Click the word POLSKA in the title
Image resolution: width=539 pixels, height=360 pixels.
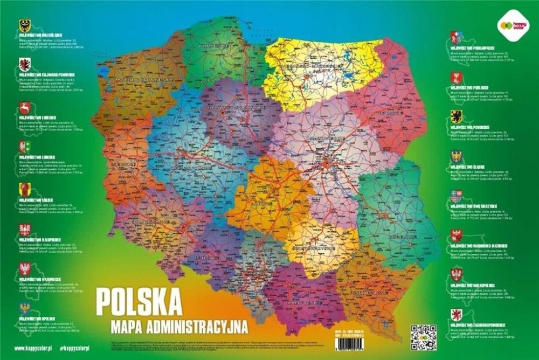(139, 303)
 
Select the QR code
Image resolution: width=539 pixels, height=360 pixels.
(423, 337)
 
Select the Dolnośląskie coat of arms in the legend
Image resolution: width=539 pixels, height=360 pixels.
(24, 25)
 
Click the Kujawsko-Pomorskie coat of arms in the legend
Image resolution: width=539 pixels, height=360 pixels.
(24, 65)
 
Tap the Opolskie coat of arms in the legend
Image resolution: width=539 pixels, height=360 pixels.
(24, 308)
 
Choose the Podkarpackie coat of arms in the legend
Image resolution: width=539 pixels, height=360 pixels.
(456, 37)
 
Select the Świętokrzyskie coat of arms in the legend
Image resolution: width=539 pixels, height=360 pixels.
(456, 196)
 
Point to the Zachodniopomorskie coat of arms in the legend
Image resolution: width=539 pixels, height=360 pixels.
(456, 315)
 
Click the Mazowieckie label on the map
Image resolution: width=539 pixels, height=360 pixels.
(327, 139)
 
